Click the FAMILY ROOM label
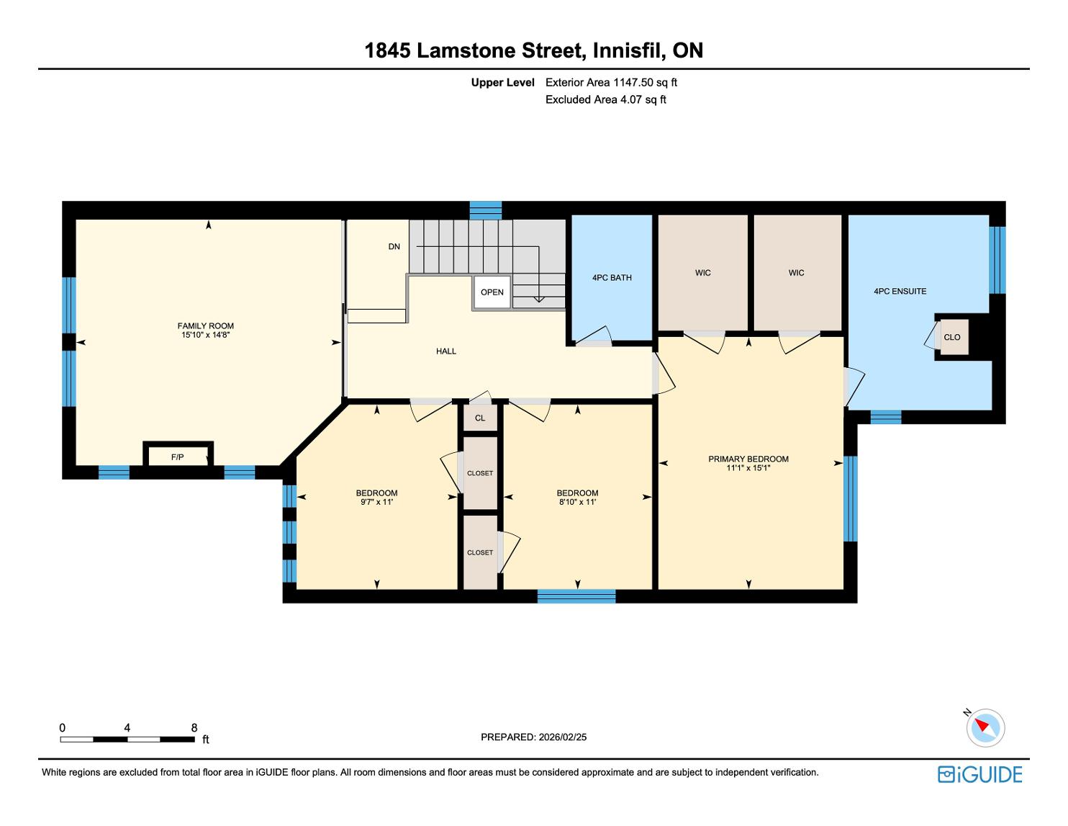(x=205, y=326)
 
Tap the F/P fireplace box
(x=178, y=456)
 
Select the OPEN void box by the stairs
(x=492, y=292)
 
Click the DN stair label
(x=394, y=246)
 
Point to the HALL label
(x=446, y=351)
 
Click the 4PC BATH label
(x=612, y=277)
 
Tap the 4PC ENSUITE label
(x=900, y=291)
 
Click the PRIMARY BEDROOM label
(x=748, y=459)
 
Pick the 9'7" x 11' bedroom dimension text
(x=376, y=502)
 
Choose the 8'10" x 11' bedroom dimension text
(x=577, y=502)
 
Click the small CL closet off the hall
(x=480, y=418)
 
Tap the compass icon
(x=985, y=727)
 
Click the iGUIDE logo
(x=979, y=774)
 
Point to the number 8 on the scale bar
(x=194, y=727)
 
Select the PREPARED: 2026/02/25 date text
(x=533, y=737)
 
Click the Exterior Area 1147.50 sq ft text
(x=611, y=82)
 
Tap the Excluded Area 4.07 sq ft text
(x=605, y=99)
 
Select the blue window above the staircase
(x=486, y=210)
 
